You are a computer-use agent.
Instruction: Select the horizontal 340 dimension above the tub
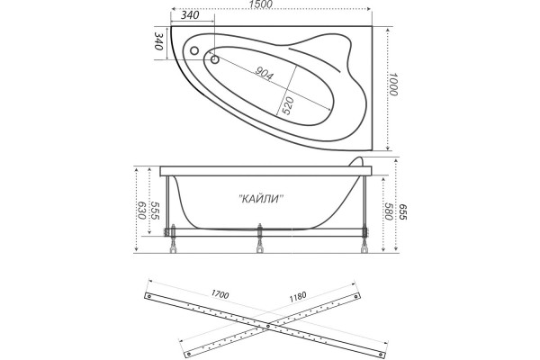[189, 16]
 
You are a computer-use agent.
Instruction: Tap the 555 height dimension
[154, 211]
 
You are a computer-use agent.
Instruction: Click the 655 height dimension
[404, 211]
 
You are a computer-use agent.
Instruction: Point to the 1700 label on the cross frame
[219, 293]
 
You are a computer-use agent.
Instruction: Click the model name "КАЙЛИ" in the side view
[261, 200]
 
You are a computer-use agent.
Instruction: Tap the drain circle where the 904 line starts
[216, 60]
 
